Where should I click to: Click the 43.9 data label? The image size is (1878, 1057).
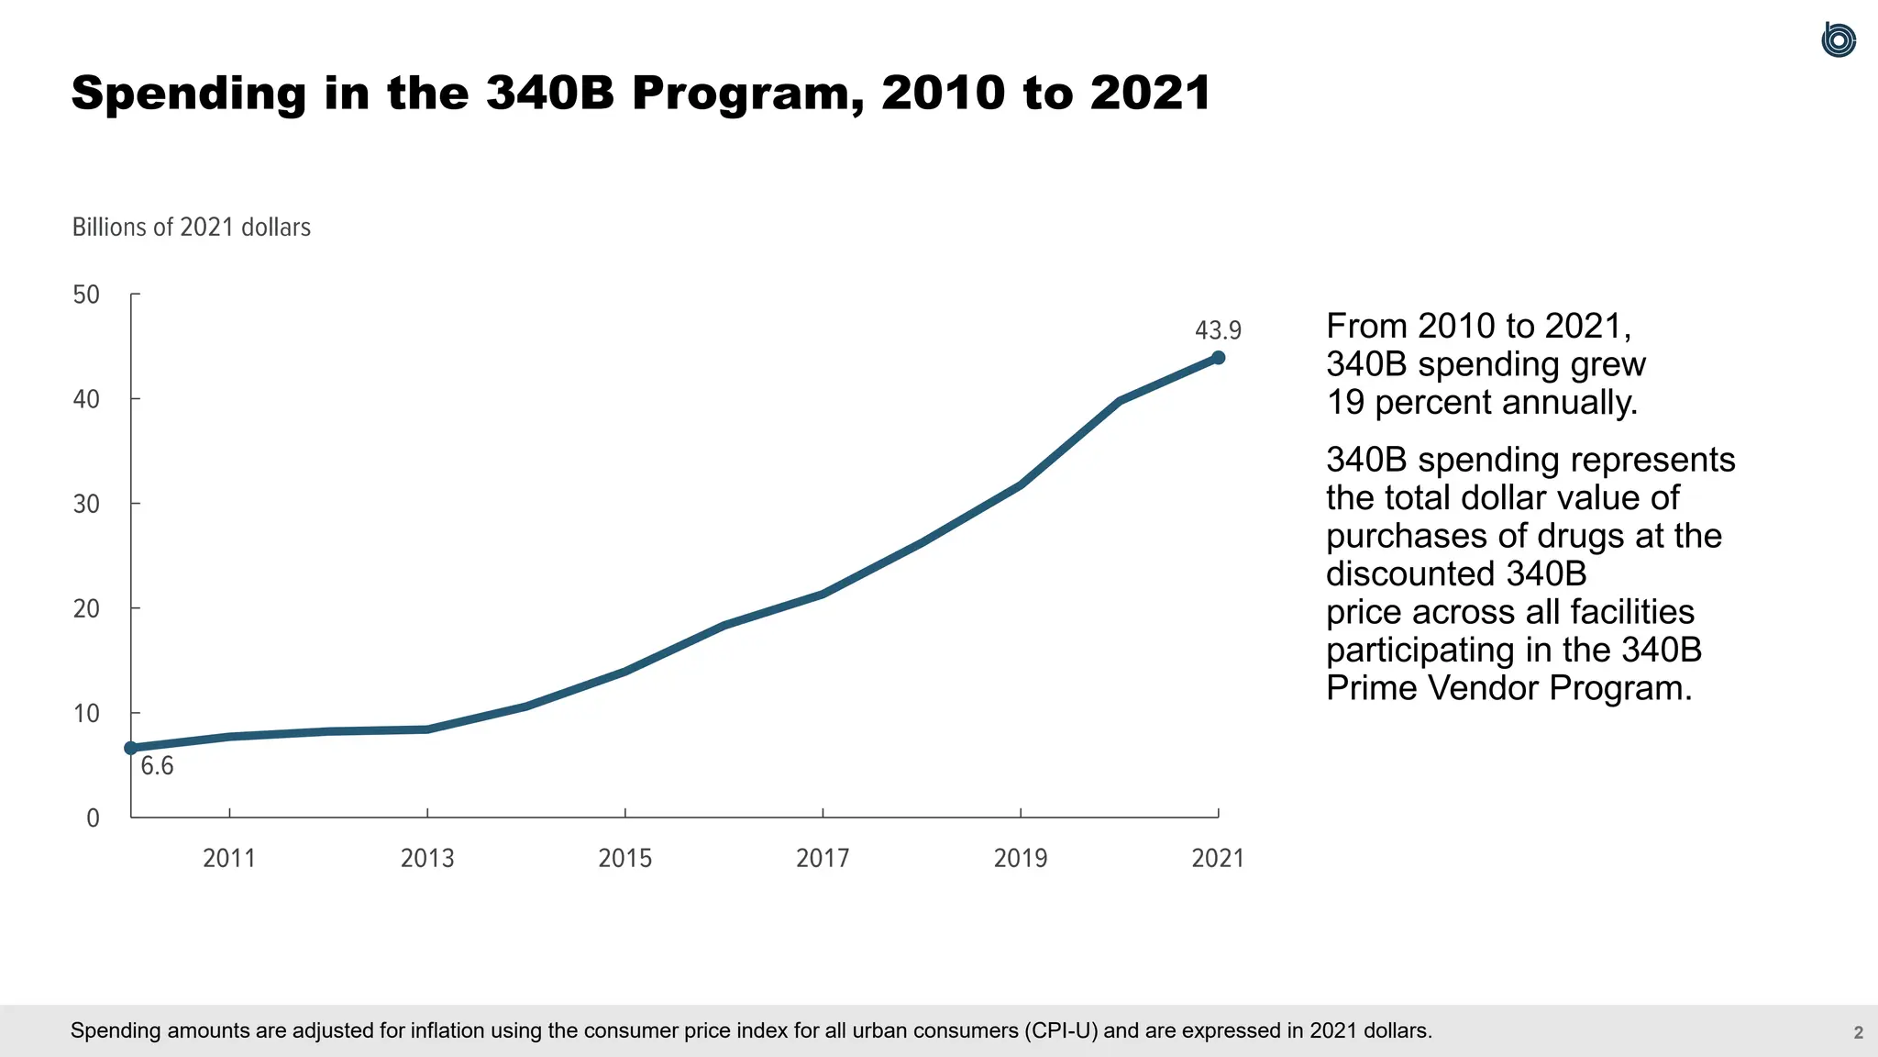point(1217,330)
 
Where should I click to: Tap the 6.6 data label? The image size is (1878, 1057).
point(157,766)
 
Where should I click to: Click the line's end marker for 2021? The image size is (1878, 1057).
point(1218,358)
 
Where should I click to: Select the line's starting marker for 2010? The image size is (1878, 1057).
point(131,748)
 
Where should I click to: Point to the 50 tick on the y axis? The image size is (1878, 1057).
point(86,295)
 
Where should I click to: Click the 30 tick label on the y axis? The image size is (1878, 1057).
point(86,504)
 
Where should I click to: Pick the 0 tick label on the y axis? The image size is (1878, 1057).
point(93,818)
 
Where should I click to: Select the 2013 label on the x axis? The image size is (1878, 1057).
point(427,859)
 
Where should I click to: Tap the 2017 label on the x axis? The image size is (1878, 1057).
point(823,859)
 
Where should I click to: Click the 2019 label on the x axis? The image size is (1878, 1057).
point(1021,859)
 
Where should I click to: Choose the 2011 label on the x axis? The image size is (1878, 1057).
point(229,859)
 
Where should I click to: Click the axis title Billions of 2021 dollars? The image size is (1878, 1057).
point(191,228)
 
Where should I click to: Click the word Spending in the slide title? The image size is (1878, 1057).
point(189,94)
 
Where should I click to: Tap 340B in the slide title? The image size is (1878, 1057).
point(550,94)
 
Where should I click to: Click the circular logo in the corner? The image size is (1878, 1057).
point(1838,40)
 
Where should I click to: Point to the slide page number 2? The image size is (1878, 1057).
point(1858,1033)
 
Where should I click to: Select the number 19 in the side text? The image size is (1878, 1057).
point(1345,403)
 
